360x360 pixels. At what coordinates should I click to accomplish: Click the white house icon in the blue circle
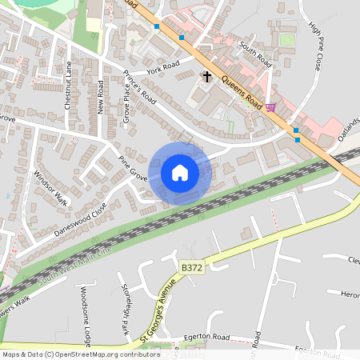(x=180, y=172)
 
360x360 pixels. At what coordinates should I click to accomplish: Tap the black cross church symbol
(x=207, y=77)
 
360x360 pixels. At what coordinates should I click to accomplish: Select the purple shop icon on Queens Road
(x=270, y=107)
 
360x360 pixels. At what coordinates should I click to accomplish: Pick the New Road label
(x=101, y=96)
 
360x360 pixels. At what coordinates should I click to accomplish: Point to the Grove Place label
(x=126, y=105)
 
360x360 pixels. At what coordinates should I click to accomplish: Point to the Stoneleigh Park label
(x=126, y=310)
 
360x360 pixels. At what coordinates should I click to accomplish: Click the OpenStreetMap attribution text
(x=81, y=354)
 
